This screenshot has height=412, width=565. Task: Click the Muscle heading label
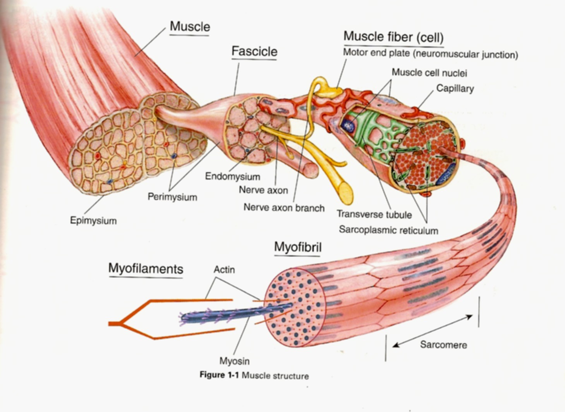(x=190, y=27)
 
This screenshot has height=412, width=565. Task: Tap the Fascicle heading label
(x=254, y=51)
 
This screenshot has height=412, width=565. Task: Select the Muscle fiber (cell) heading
(x=393, y=37)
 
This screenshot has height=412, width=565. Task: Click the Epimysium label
(x=93, y=221)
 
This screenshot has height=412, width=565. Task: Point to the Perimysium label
(x=172, y=197)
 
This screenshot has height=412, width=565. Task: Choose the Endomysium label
(x=232, y=177)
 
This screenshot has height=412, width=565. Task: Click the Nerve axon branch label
(x=284, y=208)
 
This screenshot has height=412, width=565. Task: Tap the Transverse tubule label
(x=374, y=214)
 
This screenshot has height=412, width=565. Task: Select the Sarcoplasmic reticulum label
(x=389, y=230)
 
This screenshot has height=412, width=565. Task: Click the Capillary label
(x=455, y=89)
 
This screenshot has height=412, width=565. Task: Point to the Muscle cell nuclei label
(x=429, y=73)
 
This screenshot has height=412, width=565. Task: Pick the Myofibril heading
(x=298, y=247)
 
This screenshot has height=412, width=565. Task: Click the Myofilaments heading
(x=146, y=269)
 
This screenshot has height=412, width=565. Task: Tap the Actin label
(x=224, y=270)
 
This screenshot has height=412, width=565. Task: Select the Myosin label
(x=234, y=361)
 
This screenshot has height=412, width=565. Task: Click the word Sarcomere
(x=443, y=345)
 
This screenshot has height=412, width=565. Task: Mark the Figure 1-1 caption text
(x=254, y=375)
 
